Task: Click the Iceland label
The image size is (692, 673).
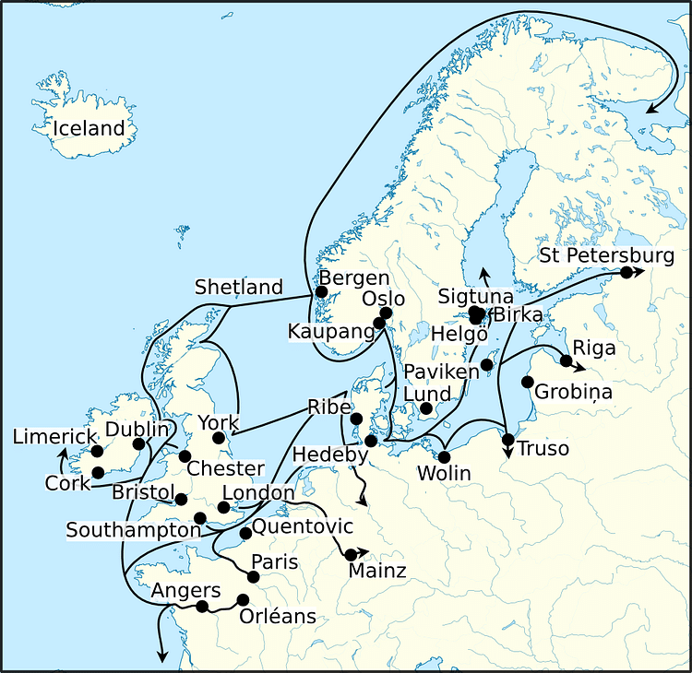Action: [88, 128]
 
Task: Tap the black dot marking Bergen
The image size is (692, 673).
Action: [321, 292]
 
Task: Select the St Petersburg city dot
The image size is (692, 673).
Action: [626, 272]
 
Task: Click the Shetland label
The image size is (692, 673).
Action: [238, 288]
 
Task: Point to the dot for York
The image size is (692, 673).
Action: [219, 437]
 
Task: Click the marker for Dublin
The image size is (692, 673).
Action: [138, 444]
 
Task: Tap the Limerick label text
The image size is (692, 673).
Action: [54, 436]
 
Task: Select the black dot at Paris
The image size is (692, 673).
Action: [255, 577]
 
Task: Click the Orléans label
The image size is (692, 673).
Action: [278, 616]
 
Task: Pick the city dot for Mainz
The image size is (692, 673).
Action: [350, 554]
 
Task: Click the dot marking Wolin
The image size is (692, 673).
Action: [444, 457]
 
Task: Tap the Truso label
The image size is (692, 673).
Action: [543, 449]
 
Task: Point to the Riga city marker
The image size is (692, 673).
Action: [566, 360]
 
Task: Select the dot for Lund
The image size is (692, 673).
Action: [425, 408]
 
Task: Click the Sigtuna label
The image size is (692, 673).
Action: [475, 296]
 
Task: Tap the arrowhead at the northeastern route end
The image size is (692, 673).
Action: [652, 109]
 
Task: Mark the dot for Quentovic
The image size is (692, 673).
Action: [245, 533]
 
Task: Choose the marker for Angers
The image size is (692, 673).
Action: [202, 606]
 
